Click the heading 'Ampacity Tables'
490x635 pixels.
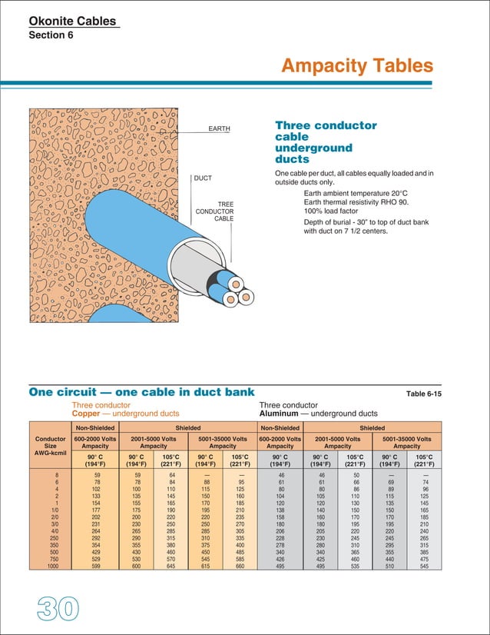point(356,67)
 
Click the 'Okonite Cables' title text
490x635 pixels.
point(74,22)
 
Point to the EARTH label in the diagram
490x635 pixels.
point(220,129)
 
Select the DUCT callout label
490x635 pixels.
point(203,178)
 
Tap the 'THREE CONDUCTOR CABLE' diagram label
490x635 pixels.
point(214,211)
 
